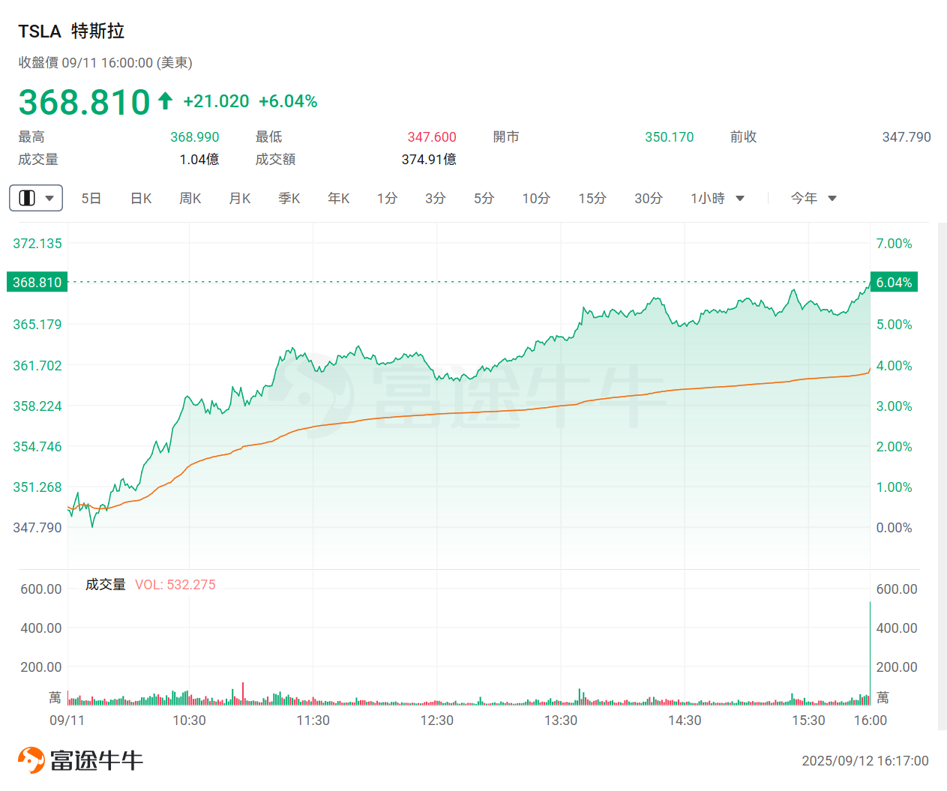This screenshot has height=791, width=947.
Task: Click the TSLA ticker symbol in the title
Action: coord(40,31)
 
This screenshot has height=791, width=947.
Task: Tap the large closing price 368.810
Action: coord(85,102)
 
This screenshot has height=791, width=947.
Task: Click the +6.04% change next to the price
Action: coord(288,101)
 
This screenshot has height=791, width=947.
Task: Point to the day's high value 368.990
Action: coord(194,137)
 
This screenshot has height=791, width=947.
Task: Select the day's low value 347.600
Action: coord(431,137)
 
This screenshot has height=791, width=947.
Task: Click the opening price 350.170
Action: coord(669,137)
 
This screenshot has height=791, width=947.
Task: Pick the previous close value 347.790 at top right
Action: coord(906,137)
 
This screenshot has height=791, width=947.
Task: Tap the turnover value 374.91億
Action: coord(428,160)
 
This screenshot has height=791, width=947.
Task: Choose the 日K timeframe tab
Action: coord(141,199)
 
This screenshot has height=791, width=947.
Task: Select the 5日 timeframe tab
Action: coord(91,199)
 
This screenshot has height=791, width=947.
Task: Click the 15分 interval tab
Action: coord(592,199)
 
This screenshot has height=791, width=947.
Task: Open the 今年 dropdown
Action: coord(813,199)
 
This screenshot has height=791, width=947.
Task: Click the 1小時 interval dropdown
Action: coord(717,199)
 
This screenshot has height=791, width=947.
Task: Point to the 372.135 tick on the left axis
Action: coord(37,244)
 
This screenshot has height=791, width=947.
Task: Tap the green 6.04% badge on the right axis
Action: coord(894,283)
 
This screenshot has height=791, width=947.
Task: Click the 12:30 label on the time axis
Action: coord(436,721)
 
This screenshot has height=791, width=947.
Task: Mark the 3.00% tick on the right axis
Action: coord(894,406)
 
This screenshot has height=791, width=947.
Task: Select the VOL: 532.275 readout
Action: coord(175,585)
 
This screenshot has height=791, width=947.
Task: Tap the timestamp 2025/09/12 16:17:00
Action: coord(865,761)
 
